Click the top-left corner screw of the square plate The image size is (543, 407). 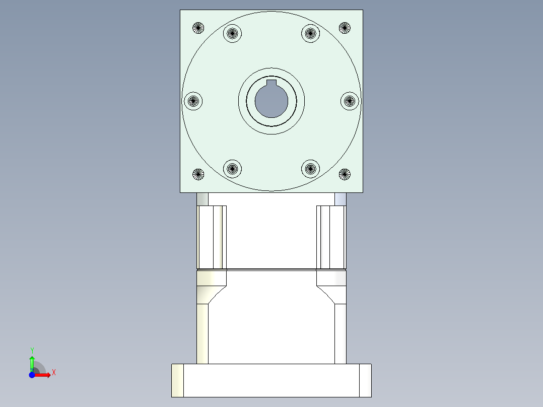(198, 28)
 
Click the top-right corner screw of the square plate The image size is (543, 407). (345, 28)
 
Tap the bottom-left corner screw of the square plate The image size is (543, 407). (198, 175)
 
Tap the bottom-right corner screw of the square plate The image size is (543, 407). (345, 175)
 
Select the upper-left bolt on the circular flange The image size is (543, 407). (232, 34)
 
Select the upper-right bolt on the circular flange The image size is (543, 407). (311, 34)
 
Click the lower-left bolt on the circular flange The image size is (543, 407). (232, 168)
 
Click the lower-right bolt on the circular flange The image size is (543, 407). (311, 168)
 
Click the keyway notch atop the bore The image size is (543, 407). (271, 83)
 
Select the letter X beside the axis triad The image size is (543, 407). (53, 373)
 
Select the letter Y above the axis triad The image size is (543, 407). (32, 350)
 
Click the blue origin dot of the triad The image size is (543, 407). (32, 375)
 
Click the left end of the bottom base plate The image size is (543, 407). (177, 380)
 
